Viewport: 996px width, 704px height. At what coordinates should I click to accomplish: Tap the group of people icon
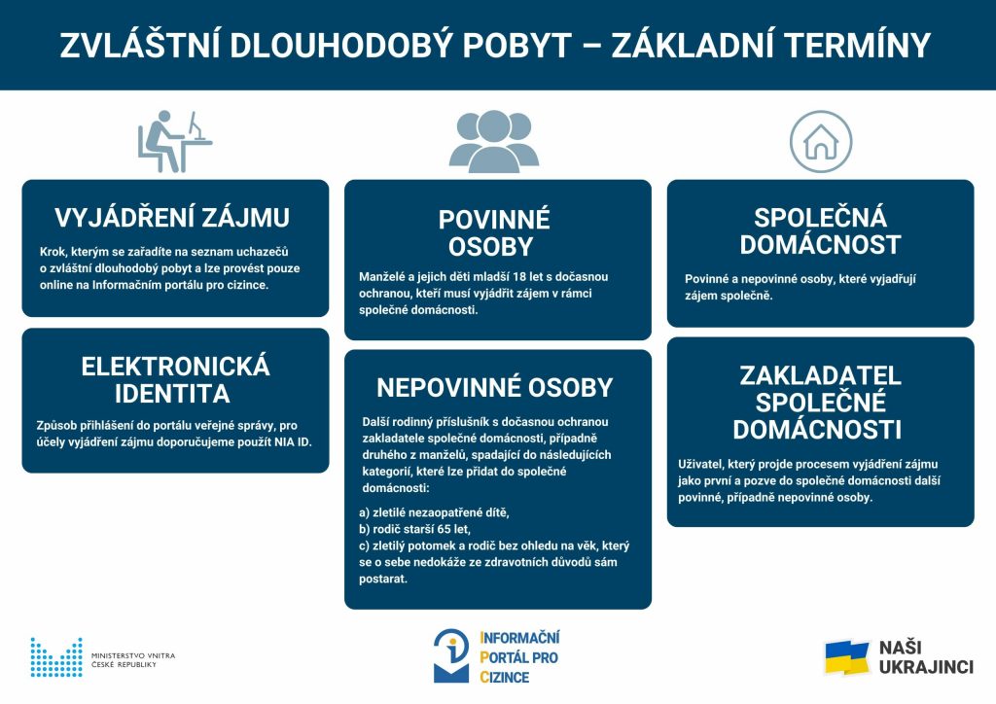click(x=493, y=142)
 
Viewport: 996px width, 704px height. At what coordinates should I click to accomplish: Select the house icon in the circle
click(x=820, y=142)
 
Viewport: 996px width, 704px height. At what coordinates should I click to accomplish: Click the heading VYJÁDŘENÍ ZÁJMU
click(x=172, y=217)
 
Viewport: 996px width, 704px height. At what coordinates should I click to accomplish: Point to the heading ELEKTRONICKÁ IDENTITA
click(x=175, y=380)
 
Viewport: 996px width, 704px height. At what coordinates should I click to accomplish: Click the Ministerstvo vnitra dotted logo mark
click(x=55, y=657)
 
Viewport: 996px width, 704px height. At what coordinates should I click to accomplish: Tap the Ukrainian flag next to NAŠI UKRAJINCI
click(x=846, y=657)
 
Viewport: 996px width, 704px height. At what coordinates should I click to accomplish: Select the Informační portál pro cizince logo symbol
click(x=451, y=655)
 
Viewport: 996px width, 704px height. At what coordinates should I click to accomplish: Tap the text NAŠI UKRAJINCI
click(x=925, y=657)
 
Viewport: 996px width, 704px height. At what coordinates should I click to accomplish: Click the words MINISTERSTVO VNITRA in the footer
click(x=132, y=656)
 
